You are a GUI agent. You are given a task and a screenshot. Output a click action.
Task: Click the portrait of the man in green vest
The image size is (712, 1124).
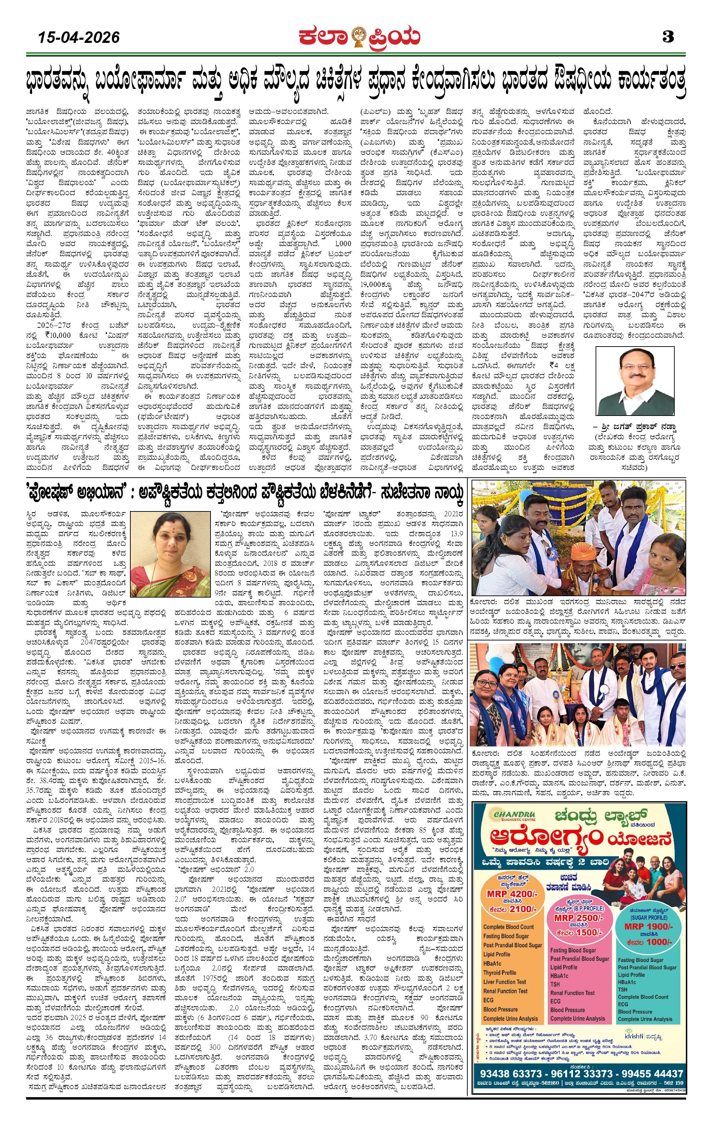click(635, 381)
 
